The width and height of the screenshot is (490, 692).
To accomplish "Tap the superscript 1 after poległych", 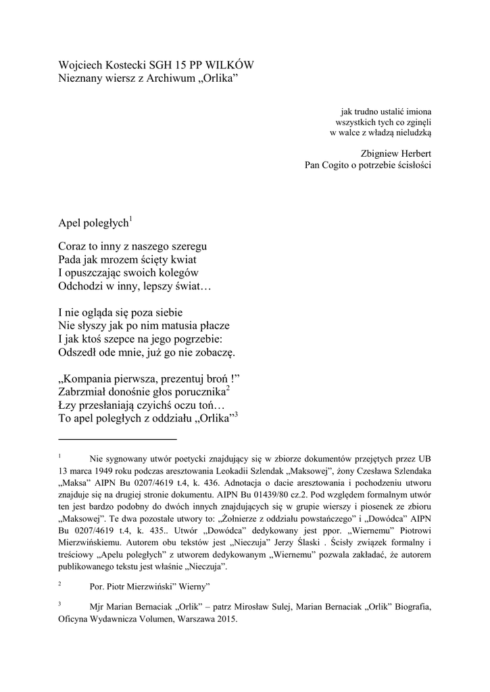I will coord(130,218).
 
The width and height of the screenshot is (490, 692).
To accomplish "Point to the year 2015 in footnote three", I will coord(226,619).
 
